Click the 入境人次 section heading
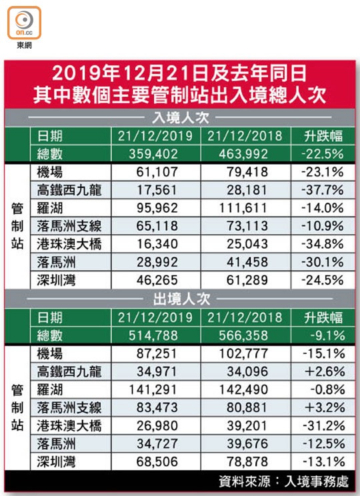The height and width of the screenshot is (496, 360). coord(180,118)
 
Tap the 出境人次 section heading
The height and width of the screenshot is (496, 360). coord(181,299)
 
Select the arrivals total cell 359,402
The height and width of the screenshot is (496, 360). coord(153,154)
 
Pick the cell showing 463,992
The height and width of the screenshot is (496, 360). coord(243,154)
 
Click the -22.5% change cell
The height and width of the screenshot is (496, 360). coord(323,154)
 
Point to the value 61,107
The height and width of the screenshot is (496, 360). coord(157,172)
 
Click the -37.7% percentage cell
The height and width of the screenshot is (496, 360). coord(323,190)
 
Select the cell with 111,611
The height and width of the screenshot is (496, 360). coord(243,208)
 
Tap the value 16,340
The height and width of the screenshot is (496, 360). coord(157,244)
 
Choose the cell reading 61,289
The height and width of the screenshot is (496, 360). coord(247,280)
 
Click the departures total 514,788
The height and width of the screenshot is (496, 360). coord(153,335)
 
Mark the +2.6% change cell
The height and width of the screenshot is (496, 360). coord(325,372)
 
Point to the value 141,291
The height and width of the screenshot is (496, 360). coord(153,390)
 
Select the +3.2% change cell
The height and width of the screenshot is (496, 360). coord(325,408)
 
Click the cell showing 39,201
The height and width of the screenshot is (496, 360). coord(247,426)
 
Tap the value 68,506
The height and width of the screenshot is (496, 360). coord(157,462)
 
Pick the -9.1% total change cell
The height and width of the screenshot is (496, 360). coord(328,335)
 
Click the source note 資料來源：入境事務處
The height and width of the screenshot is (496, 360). coord(284,482)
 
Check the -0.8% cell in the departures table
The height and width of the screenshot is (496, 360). coord(328,390)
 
